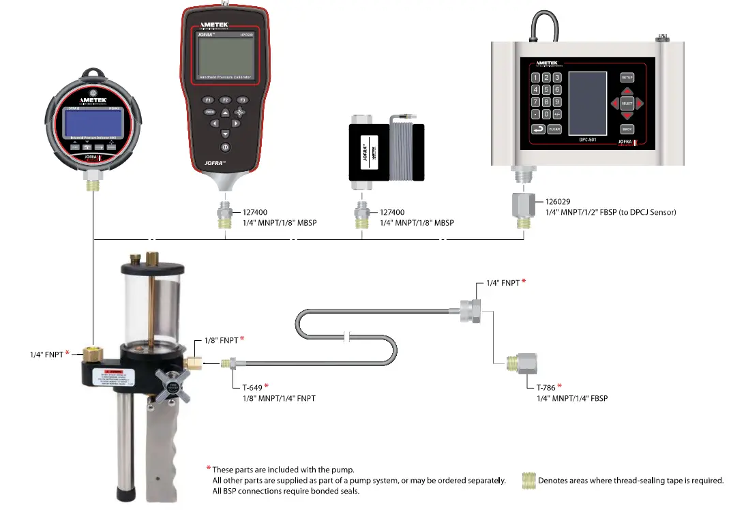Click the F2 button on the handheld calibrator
(224, 100)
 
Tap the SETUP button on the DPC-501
(627, 78)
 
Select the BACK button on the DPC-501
(627, 129)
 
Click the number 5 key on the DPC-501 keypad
(546, 90)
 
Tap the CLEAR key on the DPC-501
(554, 129)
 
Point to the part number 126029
(557, 201)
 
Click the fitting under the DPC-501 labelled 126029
(524, 205)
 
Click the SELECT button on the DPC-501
(627, 104)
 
